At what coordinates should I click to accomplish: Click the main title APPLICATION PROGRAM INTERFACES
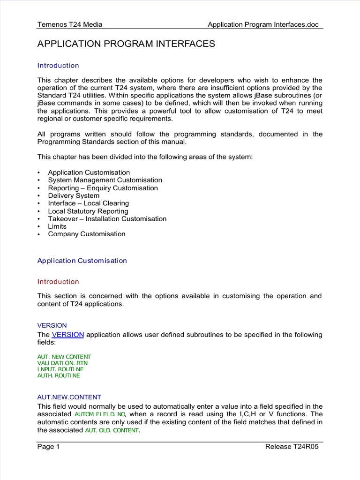pyautogui.click(x=126, y=44)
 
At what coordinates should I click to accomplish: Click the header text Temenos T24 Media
pyautogui.click(x=70, y=24)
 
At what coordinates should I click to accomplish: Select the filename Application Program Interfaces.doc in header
pyautogui.click(x=265, y=24)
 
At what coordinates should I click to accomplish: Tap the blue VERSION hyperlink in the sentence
pyautogui.click(x=68, y=335)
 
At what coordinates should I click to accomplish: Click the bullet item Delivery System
pyautogui.click(x=74, y=195)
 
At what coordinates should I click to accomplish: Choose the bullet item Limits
pyautogui.click(x=57, y=226)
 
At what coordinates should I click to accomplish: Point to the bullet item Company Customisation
pyautogui.click(x=87, y=234)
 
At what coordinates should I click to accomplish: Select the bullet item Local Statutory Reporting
pyautogui.click(x=88, y=211)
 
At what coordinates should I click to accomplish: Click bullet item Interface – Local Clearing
pyautogui.click(x=88, y=203)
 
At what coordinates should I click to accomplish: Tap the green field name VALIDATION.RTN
pyautogui.click(x=62, y=363)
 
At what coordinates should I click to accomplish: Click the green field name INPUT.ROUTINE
pyautogui.click(x=60, y=369)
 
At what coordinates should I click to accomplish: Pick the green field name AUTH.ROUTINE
pyautogui.click(x=59, y=376)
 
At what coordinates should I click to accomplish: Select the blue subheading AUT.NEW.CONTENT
pyautogui.click(x=69, y=397)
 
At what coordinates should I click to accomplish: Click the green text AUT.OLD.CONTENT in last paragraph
pyautogui.click(x=112, y=430)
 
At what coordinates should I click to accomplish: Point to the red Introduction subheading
pyautogui.click(x=58, y=282)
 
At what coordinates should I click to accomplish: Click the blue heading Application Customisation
pyautogui.click(x=82, y=261)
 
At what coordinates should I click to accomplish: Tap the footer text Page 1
pyautogui.click(x=48, y=447)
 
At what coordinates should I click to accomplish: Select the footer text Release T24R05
pyautogui.click(x=292, y=447)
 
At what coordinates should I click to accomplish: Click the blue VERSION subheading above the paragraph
pyautogui.click(x=52, y=325)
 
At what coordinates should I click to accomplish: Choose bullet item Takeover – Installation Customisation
pyautogui.click(x=107, y=218)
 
